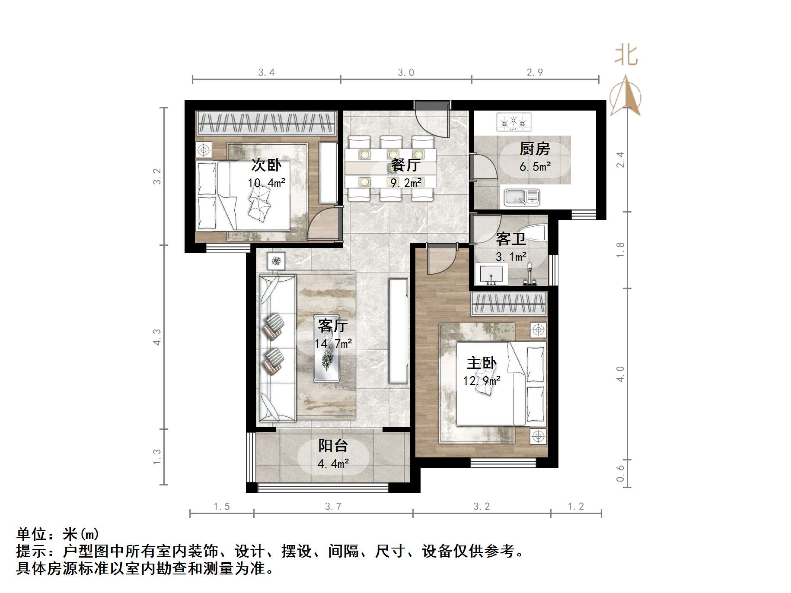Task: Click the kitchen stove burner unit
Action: point(514,122)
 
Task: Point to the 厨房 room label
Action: point(535,149)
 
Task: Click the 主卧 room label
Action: point(482,363)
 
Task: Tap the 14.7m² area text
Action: point(333,344)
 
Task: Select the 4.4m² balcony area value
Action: point(333,464)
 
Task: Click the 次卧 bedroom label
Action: point(266,165)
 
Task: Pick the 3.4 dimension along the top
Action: point(266,73)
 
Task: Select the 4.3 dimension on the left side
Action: point(157,337)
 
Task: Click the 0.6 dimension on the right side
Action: point(621,473)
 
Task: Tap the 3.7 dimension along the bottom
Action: point(333,507)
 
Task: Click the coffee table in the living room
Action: point(326,360)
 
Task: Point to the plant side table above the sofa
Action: point(276,261)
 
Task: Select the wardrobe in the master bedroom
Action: point(509,304)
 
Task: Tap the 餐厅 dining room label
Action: point(405,165)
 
